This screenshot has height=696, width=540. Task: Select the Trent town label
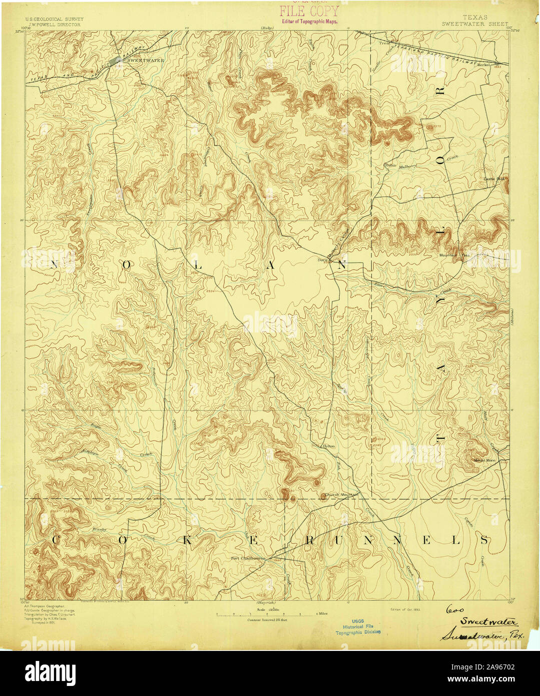pyautogui.click(x=384, y=44)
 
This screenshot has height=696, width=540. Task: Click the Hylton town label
pyautogui.click(x=328, y=446)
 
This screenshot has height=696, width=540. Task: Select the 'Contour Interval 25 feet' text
pyautogui.click(x=269, y=620)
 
